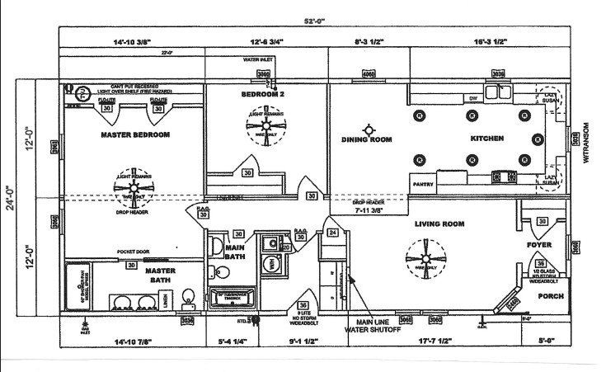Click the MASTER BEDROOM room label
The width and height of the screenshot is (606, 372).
(x=134, y=134)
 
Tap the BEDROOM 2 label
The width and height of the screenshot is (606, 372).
(x=262, y=95)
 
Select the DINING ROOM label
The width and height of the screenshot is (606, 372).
(x=367, y=139)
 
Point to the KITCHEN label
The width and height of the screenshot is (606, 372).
(x=486, y=139)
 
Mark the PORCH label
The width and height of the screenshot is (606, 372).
(x=551, y=295)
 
